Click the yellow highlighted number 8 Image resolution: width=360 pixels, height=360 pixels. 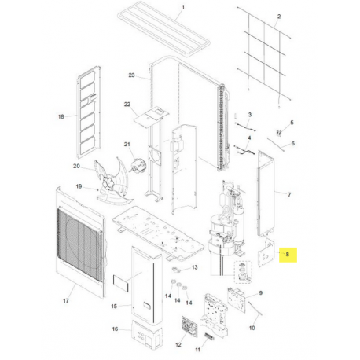pyautogui.click(x=288, y=254)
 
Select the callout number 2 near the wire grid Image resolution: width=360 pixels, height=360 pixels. pyautogui.click(x=280, y=17)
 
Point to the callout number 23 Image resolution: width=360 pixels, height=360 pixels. pyautogui.click(x=131, y=75)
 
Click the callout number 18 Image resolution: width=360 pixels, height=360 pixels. pyautogui.click(x=61, y=116)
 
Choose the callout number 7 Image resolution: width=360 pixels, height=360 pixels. pyautogui.click(x=288, y=193)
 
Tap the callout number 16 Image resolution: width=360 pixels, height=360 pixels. pyautogui.click(x=115, y=330)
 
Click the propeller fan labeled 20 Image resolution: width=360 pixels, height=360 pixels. pyautogui.click(x=112, y=173)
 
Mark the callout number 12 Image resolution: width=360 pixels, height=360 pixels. pyautogui.click(x=178, y=344)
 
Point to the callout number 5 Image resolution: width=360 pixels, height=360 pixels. pyautogui.click(x=292, y=123)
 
